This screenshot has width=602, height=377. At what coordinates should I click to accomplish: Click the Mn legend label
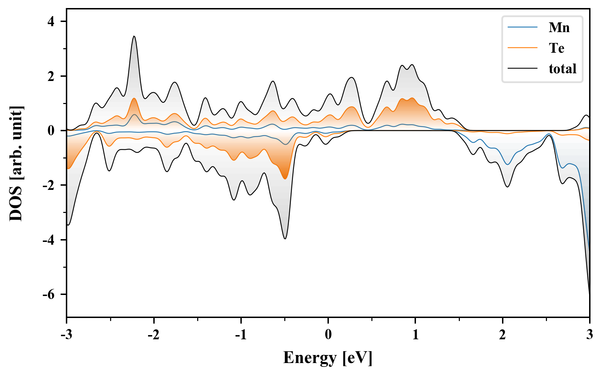point(559,28)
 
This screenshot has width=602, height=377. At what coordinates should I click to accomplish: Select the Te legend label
point(556,48)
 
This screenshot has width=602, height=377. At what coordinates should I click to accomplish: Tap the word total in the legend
point(562,69)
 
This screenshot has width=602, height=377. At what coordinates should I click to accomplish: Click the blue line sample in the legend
point(522,28)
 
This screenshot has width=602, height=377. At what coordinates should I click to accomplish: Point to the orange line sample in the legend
point(522,48)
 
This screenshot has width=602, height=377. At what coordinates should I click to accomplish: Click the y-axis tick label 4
point(51,22)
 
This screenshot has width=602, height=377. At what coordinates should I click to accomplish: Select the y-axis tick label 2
point(51,76)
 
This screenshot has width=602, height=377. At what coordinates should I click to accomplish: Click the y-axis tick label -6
point(49,295)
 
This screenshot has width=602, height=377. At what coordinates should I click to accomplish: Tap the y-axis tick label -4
point(49,240)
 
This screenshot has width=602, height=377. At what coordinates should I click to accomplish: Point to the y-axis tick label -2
point(49,185)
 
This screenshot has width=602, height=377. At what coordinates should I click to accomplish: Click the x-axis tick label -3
point(67,335)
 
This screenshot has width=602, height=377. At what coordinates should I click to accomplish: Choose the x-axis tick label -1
point(241,335)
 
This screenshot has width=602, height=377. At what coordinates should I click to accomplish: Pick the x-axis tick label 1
point(415,335)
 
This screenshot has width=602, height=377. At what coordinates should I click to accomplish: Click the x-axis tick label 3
point(589,335)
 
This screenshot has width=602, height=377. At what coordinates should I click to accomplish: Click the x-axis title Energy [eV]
point(328,358)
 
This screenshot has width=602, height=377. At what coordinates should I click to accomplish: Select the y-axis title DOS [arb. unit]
point(16,163)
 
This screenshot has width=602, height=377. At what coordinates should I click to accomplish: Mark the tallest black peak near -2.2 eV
point(134,36)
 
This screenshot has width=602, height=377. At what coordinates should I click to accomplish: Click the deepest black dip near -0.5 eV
point(285,238)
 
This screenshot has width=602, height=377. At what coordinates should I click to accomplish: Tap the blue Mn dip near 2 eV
point(507,164)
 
